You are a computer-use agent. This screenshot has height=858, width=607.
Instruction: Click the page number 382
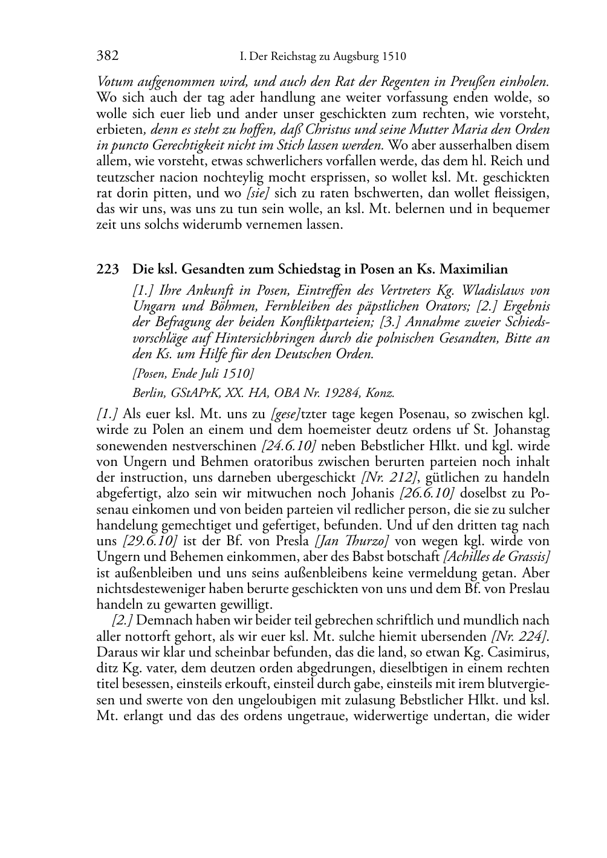tap(107, 56)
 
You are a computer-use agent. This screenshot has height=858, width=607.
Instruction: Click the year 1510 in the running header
tap(394, 57)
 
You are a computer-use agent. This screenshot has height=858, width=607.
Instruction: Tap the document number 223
tap(107, 269)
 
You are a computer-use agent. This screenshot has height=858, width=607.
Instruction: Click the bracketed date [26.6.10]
tap(428, 493)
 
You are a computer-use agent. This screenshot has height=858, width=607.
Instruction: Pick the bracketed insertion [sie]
tap(258, 193)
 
